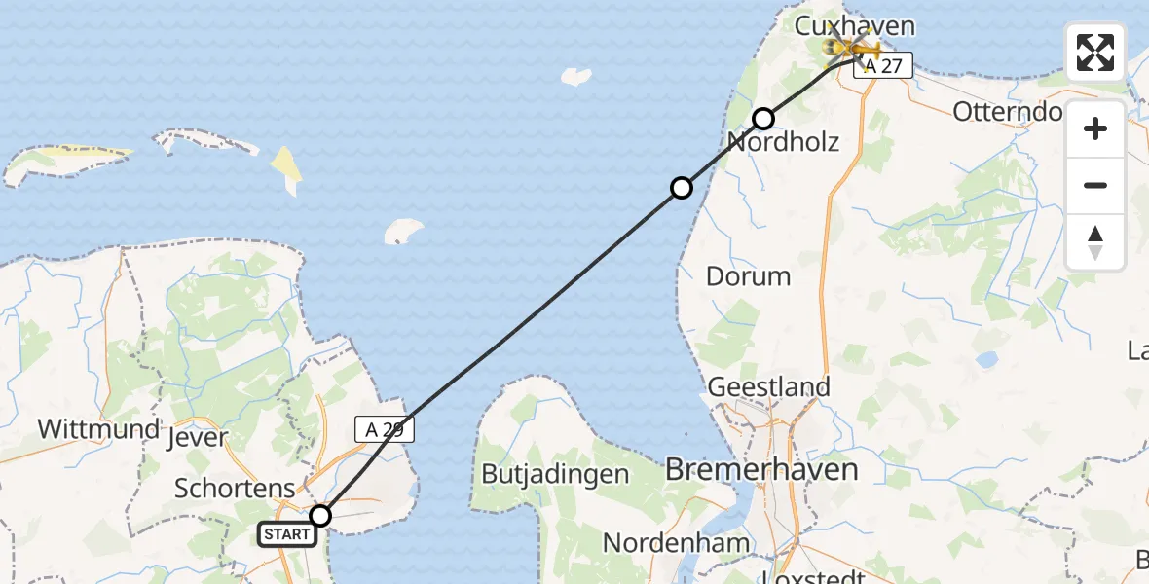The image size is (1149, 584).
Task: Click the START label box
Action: [287, 533]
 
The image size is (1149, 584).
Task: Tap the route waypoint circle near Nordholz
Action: [763, 119]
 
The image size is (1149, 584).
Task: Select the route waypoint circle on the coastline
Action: [683, 187]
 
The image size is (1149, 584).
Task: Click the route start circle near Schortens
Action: [320, 516]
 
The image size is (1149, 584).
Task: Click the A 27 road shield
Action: [883, 65]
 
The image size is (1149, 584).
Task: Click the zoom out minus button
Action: [1095, 185]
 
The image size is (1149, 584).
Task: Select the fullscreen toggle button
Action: [1095, 53]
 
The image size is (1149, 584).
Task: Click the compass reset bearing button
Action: [1095, 242]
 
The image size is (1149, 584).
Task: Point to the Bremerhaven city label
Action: [761, 470]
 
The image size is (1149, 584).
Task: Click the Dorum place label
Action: [748, 275]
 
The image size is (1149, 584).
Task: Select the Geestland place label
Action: [768, 386]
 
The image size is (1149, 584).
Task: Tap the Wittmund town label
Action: [98, 429]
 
